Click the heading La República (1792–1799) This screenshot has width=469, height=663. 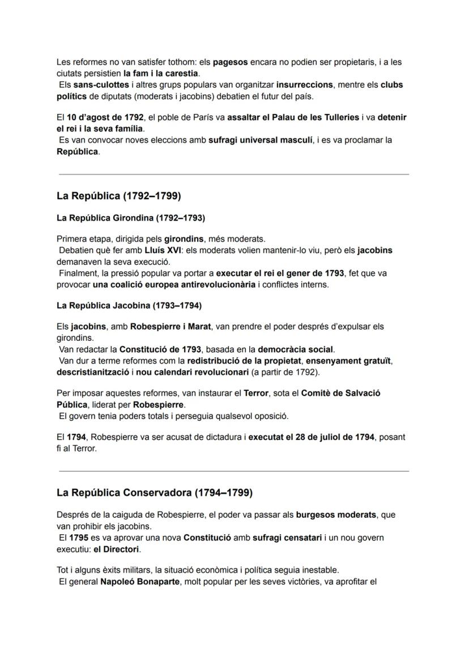tap(118, 196)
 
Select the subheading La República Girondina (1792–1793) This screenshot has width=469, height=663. tap(130, 218)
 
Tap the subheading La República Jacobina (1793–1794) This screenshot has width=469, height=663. tap(129, 306)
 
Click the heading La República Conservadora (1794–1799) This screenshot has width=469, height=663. tap(154, 493)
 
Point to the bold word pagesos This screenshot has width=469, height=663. tap(229, 62)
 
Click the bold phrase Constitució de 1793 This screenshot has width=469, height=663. tap(159, 349)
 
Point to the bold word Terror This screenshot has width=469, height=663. tap(256, 393)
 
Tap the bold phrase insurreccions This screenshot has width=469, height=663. tap(305, 85)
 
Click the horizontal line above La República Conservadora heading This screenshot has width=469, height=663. tap(233, 471)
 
